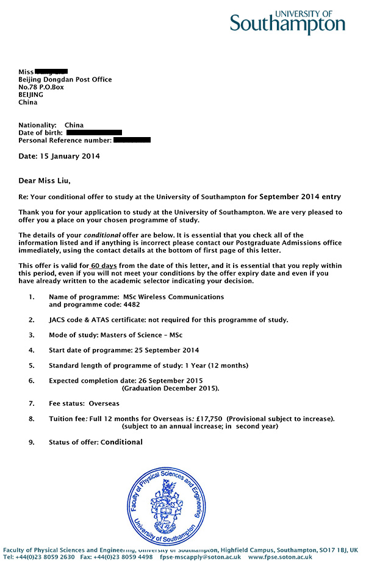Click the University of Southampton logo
point(287,22)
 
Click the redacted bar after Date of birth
point(94,132)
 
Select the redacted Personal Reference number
point(132,140)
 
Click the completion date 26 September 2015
point(169,381)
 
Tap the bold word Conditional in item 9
point(121,442)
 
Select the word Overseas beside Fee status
point(104,403)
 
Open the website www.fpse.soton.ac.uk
point(280,557)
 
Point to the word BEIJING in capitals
point(31,94)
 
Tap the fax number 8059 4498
point(137,557)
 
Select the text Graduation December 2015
point(170,388)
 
